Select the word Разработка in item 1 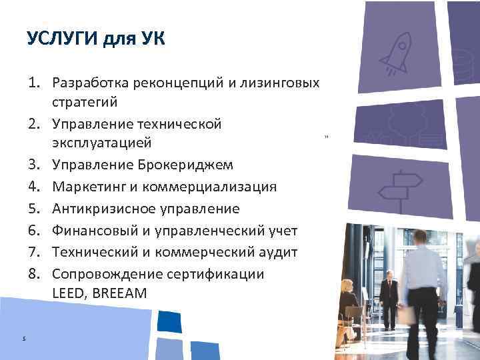(95, 83)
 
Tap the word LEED (69, 293)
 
